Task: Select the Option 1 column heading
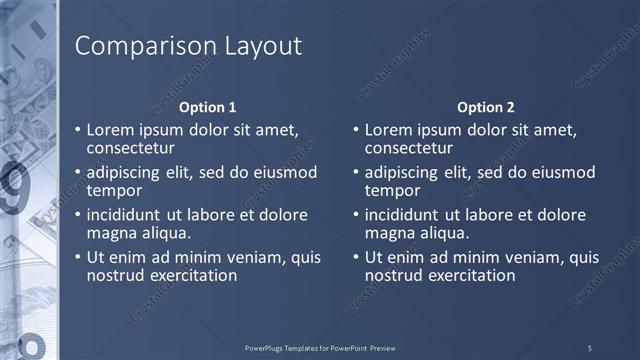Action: [208, 107]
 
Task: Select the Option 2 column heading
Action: [486, 107]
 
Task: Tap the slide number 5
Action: [589, 347]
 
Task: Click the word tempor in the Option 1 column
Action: [114, 190]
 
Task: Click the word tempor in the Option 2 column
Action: [392, 190]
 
